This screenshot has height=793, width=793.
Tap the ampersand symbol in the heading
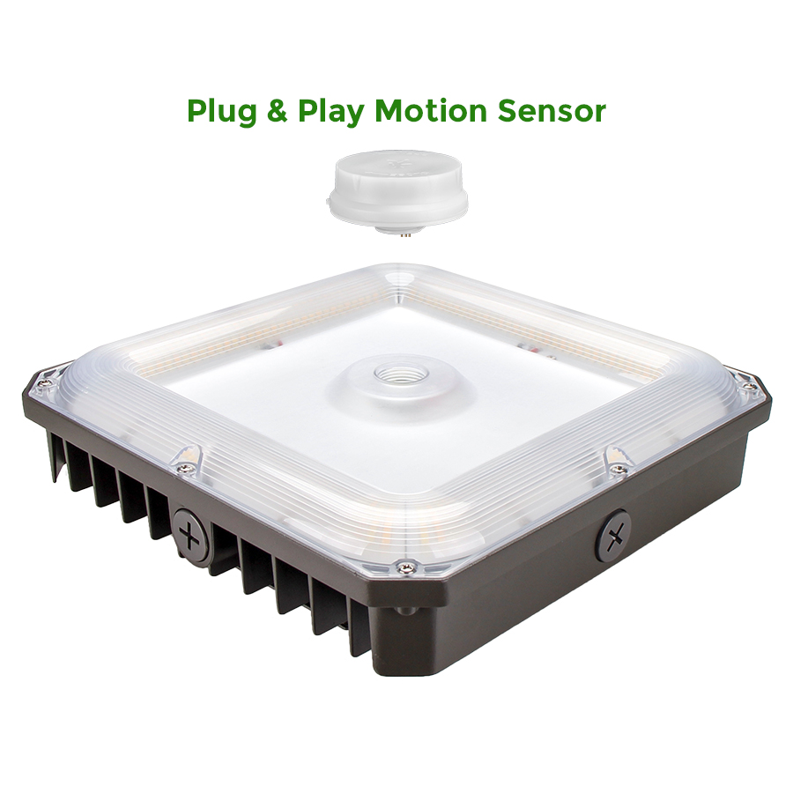coord(277,111)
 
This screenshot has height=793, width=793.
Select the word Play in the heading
coord(330,111)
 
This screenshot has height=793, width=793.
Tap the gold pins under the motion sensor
coord(404,234)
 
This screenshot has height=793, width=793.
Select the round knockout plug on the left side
coord(190,536)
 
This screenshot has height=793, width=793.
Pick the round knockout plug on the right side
coord(613,536)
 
